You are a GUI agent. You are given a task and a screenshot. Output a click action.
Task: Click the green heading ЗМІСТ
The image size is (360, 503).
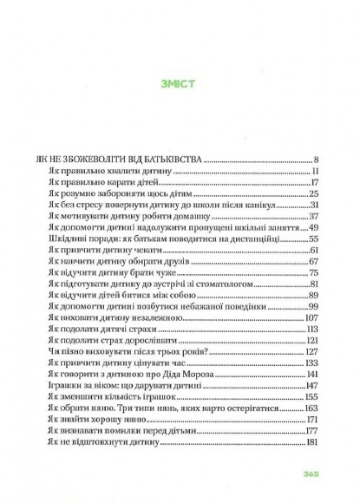click(180, 85)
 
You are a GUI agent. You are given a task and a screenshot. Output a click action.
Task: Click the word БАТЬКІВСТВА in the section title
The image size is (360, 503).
click(172, 160)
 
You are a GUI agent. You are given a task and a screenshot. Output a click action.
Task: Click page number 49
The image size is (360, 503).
click(316, 227)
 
